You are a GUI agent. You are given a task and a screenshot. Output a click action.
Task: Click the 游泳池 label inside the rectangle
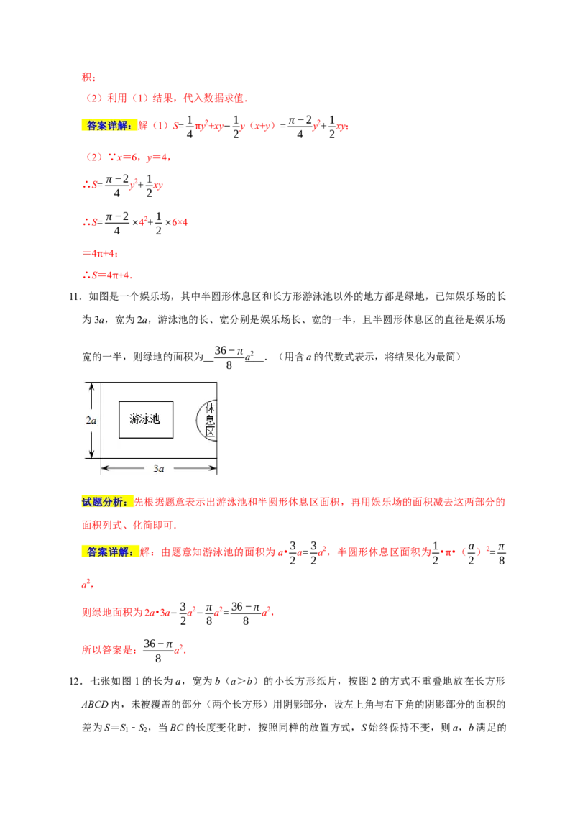[145, 419]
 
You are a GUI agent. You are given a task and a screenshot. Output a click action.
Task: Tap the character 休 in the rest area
[211, 408]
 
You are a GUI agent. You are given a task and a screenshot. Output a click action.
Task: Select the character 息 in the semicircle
[211, 421]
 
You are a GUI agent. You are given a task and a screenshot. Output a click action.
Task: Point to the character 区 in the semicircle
[211, 434]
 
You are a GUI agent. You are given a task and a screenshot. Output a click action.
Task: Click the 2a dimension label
[91, 421]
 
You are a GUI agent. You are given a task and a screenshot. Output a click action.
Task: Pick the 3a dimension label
[159, 469]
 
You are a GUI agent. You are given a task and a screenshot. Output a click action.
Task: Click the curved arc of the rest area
[198, 421]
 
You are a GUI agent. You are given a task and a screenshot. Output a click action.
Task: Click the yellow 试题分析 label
[106, 502]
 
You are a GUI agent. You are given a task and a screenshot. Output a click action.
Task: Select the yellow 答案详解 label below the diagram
[111, 552]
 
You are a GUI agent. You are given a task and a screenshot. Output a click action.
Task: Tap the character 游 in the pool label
[135, 419]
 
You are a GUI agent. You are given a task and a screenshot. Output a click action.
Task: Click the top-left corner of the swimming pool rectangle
[119, 401]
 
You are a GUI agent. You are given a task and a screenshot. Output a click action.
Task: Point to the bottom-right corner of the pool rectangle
[173, 437]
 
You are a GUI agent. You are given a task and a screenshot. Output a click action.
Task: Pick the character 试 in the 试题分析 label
[86, 502]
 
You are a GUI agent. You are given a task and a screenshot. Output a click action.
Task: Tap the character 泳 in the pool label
[145, 419]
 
